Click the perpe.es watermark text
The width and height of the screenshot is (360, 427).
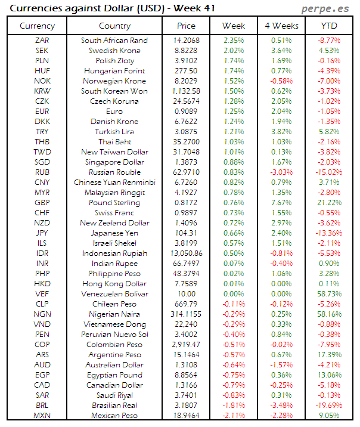click(x=326, y=9)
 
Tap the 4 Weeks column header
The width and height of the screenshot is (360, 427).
click(x=281, y=26)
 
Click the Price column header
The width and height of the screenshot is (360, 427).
click(x=186, y=26)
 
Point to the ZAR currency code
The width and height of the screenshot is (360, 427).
click(x=42, y=41)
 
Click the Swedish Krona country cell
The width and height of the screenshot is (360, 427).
click(x=114, y=51)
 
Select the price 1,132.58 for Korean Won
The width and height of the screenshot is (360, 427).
click(x=186, y=91)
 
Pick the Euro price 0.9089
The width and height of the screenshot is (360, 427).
click(x=186, y=112)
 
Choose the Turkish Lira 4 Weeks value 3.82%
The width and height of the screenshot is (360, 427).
click(x=281, y=132)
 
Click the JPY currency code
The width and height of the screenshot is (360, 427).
click(x=42, y=233)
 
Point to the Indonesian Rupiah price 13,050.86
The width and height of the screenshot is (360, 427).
click(x=186, y=253)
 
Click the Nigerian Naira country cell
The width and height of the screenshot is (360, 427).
click(x=114, y=314)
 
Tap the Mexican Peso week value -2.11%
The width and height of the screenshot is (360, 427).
click(x=234, y=416)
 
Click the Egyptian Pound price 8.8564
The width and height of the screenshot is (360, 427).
click(x=186, y=375)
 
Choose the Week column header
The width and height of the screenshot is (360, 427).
click(x=234, y=26)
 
